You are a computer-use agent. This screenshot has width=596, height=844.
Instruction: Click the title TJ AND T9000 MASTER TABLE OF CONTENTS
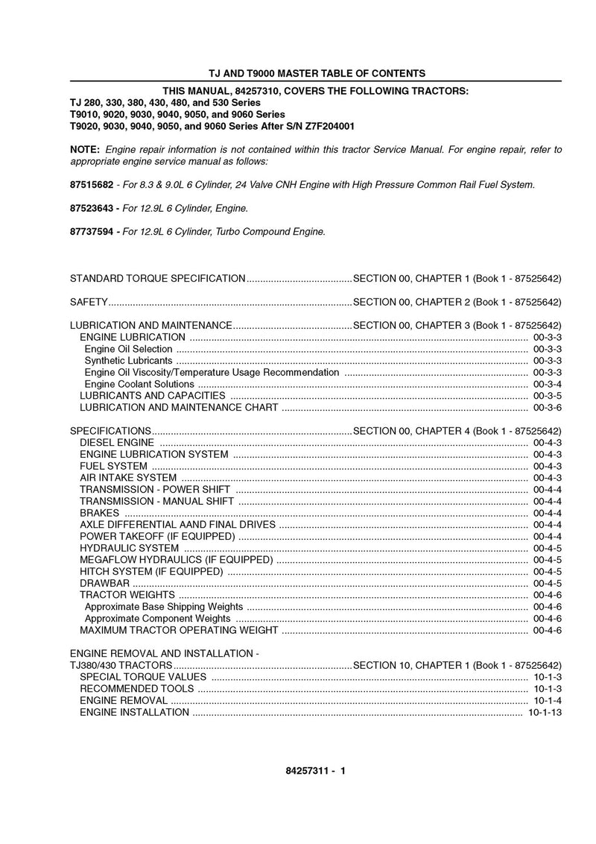point(316,73)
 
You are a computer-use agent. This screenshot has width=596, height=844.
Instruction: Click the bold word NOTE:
point(85,150)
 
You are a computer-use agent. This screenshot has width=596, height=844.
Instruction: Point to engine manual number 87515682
point(92,184)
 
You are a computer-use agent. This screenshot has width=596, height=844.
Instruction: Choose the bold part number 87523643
point(92,208)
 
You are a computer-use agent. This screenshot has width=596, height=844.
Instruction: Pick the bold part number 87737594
point(92,231)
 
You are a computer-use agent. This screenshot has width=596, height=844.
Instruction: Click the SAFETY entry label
point(89,302)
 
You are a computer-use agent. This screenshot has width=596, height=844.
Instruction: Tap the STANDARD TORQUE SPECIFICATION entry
point(157,278)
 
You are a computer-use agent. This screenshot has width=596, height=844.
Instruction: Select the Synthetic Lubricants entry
point(128,360)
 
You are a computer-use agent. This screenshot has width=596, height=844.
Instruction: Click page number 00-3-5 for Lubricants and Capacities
point(548,395)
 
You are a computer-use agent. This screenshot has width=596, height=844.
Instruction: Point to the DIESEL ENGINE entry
point(117,443)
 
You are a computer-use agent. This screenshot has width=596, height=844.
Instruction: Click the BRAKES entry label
point(99,513)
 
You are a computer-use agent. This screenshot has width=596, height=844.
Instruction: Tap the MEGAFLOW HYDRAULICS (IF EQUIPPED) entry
point(176,560)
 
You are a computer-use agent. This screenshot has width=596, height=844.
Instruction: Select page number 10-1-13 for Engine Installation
point(545,712)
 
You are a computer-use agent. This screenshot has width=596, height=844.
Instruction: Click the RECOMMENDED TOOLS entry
point(136,688)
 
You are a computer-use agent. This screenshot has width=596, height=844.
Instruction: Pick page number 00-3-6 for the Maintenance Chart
point(548,407)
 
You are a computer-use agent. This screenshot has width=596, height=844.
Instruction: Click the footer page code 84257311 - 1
point(310,772)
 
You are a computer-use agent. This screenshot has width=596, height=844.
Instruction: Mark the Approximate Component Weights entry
point(158,618)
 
